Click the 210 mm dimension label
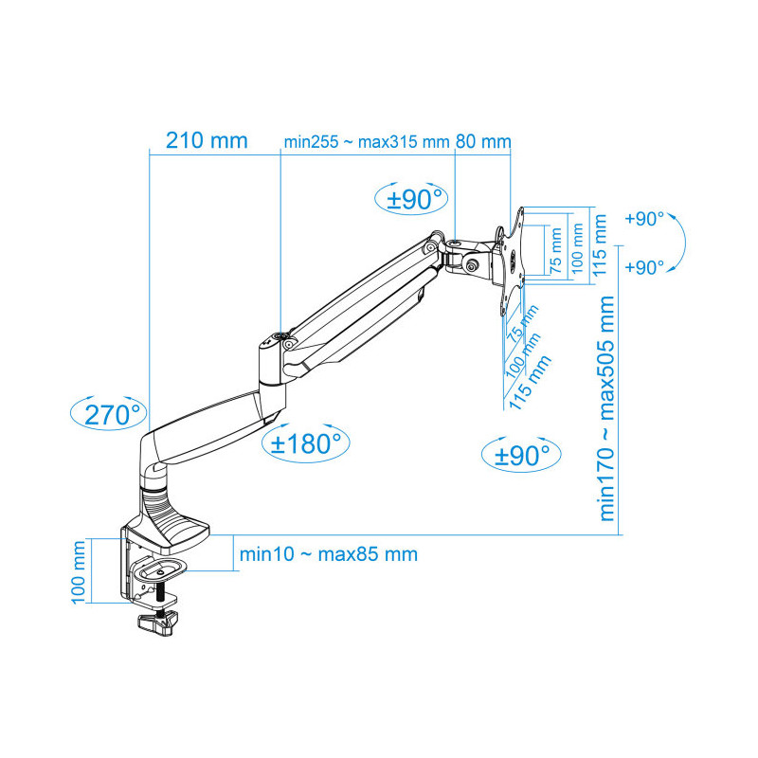[x=207, y=140]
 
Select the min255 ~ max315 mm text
[x=367, y=142]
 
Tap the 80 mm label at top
[x=483, y=141]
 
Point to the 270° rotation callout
[x=109, y=414]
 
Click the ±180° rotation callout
[x=305, y=442]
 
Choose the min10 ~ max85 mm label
[x=329, y=554]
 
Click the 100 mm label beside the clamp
[x=79, y=572]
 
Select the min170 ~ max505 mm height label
[x=607, y=408]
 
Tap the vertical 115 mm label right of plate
[x=600, y=245]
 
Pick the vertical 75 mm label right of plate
[x=556, y=251]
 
